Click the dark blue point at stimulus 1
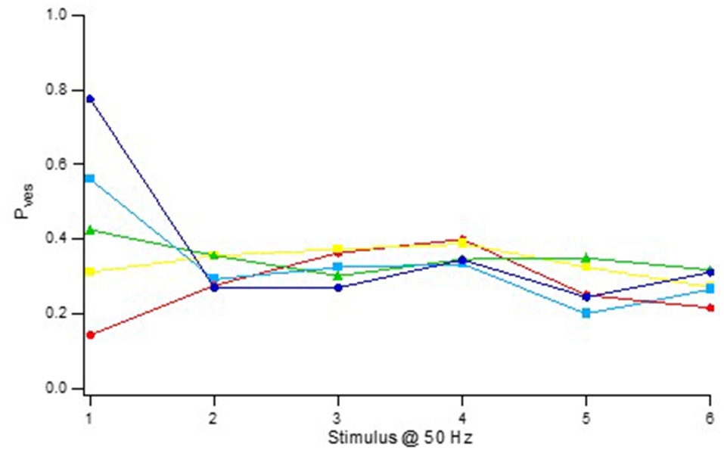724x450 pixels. click(x=90, y=98)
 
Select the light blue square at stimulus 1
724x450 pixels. click(x=90, y=178)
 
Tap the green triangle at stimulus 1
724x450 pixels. click(x=90, y=229)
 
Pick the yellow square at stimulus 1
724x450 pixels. click(x=90, y=272)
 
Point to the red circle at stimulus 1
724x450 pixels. click(x=90, y=334)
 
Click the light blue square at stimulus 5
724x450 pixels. click(x=586, y=313)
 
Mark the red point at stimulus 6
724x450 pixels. click(x=710, y=308)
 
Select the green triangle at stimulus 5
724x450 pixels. click(x=586, y=258)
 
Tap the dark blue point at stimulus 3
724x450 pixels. click(x=338, y=287)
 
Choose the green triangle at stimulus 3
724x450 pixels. click(x=338, y=275)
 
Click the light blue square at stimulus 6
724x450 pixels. click(x=710, y=289)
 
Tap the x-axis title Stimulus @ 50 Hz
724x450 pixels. click(x=401, y=437)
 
